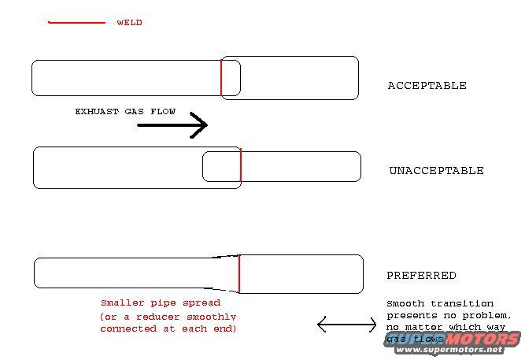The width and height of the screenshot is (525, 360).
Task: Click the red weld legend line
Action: (x=76, y=23)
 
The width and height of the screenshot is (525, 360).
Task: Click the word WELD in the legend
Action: (x=129, y=23)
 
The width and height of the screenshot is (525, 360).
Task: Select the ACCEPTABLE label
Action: (x=427, y=85)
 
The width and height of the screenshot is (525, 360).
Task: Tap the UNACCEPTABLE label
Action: (x=436, y=171)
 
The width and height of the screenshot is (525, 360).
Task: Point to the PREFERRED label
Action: (x=421, y=276)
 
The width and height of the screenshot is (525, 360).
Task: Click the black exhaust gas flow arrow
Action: (x=172, y=124)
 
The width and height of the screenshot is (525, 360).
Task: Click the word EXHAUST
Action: (x=98, y=112)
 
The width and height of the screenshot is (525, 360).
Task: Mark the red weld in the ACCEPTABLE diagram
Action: (x=221, y=76)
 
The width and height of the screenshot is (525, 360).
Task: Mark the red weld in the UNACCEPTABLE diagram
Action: (x=240, y=167)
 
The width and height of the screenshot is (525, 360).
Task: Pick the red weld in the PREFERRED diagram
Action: (x=239, y=273)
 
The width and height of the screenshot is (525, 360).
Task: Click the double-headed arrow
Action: (x=346, y=324)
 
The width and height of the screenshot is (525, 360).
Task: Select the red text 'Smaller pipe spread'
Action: (x=161, y=302)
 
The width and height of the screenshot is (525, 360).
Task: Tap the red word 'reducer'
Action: (x=150, y=316)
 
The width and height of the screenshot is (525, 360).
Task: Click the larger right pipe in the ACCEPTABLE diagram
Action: (x=299, y=78)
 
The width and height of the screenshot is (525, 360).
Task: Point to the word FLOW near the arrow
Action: (x=162, y=112)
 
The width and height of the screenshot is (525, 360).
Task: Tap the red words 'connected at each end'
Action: (x=168, y=328)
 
